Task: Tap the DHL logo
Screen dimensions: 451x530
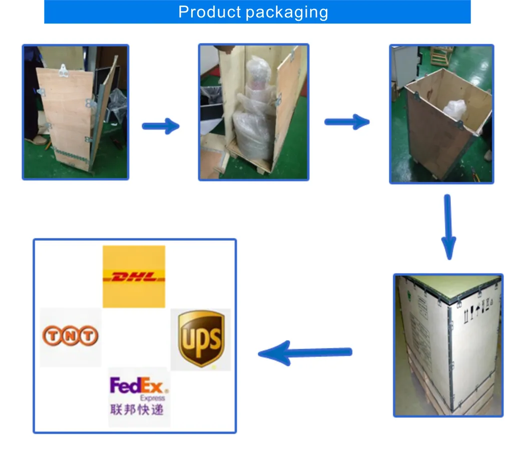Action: click(134, 276)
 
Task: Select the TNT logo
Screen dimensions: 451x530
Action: click(71, 335)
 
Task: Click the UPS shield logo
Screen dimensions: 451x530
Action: click(201, 339)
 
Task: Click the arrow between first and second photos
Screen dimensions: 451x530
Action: click(160, 126)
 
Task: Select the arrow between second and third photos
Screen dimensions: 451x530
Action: click(347, 122)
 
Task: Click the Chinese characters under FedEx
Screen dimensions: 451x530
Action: click(137, 409)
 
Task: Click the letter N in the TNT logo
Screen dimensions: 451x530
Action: click(71, 335)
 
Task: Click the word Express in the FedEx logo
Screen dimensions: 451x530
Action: click(153, 398)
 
